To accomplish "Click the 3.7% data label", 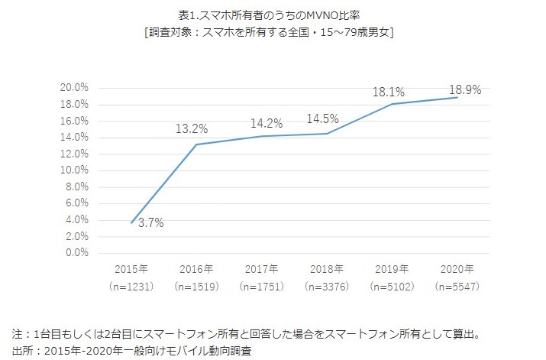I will [x=150, y=222].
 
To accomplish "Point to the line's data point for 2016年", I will [x=196, y=144].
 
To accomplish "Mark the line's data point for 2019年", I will [x=392, y=104].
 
